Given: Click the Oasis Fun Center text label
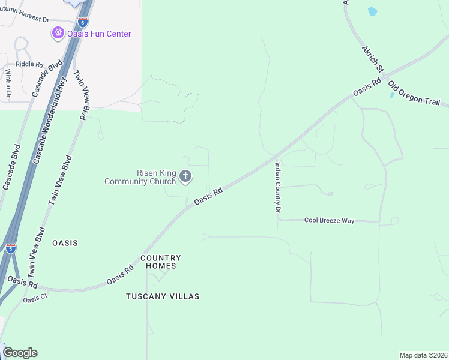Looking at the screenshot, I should point(99,34).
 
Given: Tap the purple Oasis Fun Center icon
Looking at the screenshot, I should point(58,33).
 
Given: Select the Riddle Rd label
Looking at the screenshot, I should point(29,64).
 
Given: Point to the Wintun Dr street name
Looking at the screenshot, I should point(8,82).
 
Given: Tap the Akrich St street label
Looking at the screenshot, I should point(368,59).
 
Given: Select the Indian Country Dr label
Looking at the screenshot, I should point(278,187).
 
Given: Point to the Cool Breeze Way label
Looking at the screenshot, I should point(329,221).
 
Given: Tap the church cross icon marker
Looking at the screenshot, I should point(185,176).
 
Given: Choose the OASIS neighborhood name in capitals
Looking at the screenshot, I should point(65,243).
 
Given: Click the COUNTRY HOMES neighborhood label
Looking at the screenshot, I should point(161,262).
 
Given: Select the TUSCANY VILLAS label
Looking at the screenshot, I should point(163,296).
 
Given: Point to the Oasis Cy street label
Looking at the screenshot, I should point(35,298).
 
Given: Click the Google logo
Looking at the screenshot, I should point(20,352).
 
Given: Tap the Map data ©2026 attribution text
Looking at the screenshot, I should point(423,355).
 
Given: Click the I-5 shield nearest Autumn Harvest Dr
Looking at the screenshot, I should point(83,22).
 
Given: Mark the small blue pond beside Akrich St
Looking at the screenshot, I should point(372,11).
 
